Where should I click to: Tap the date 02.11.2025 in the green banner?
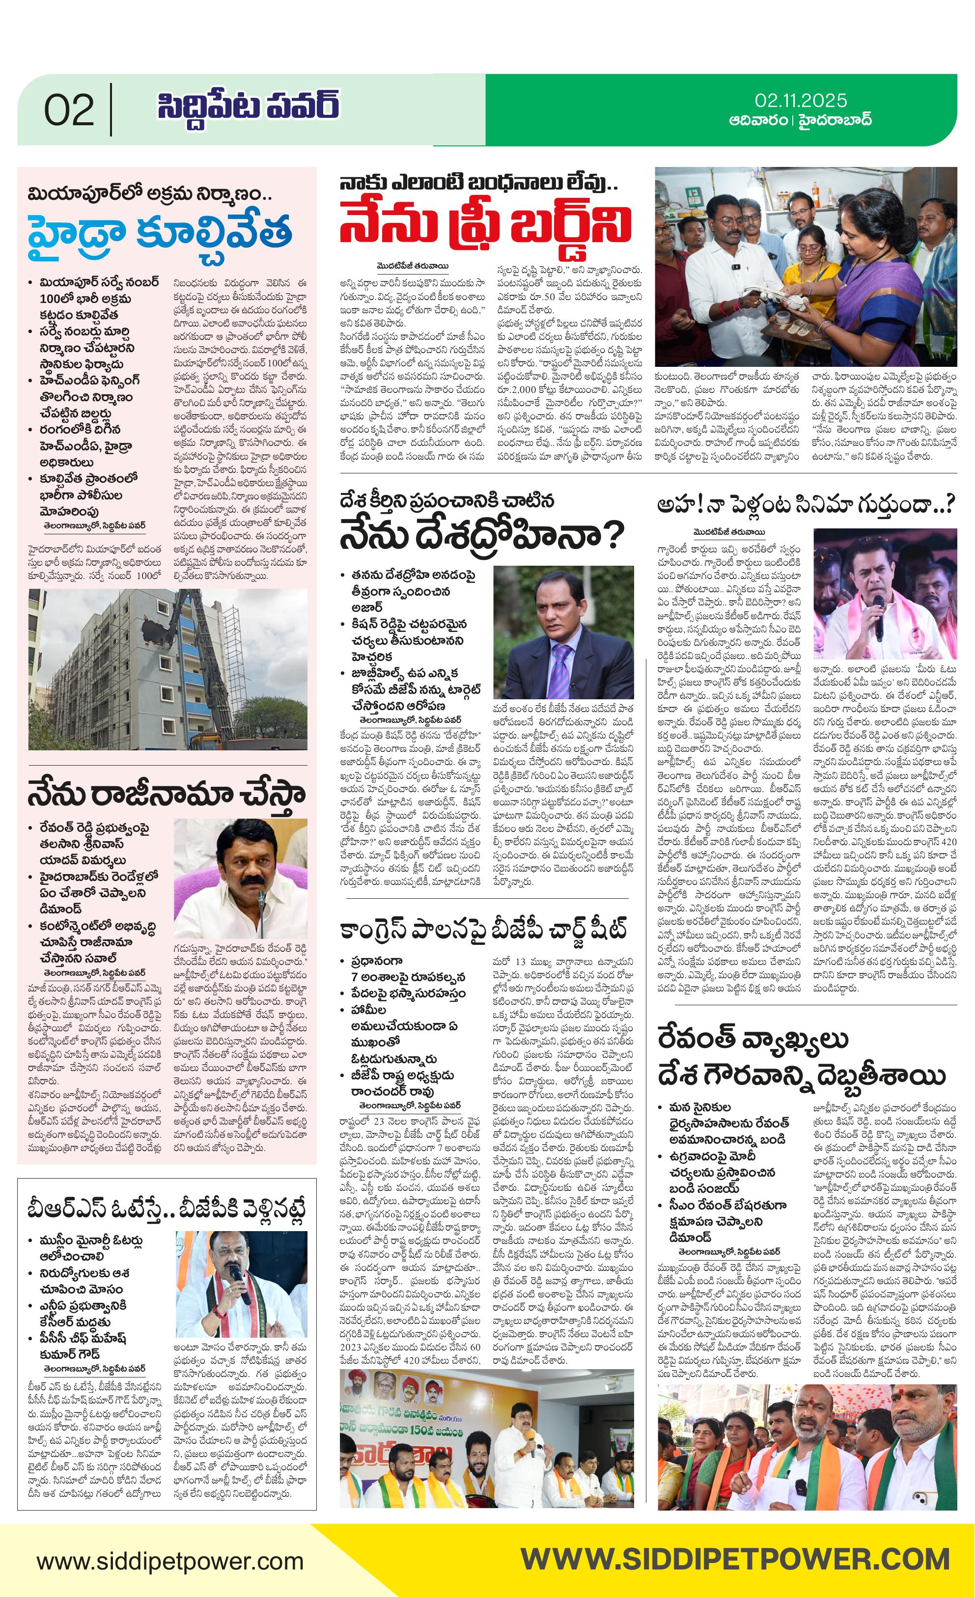[801, 101]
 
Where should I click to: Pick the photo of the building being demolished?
[167, 669]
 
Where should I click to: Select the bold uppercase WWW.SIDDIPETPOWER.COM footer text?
[735, 1559]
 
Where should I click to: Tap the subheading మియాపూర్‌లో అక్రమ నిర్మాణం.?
[144, 194]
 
